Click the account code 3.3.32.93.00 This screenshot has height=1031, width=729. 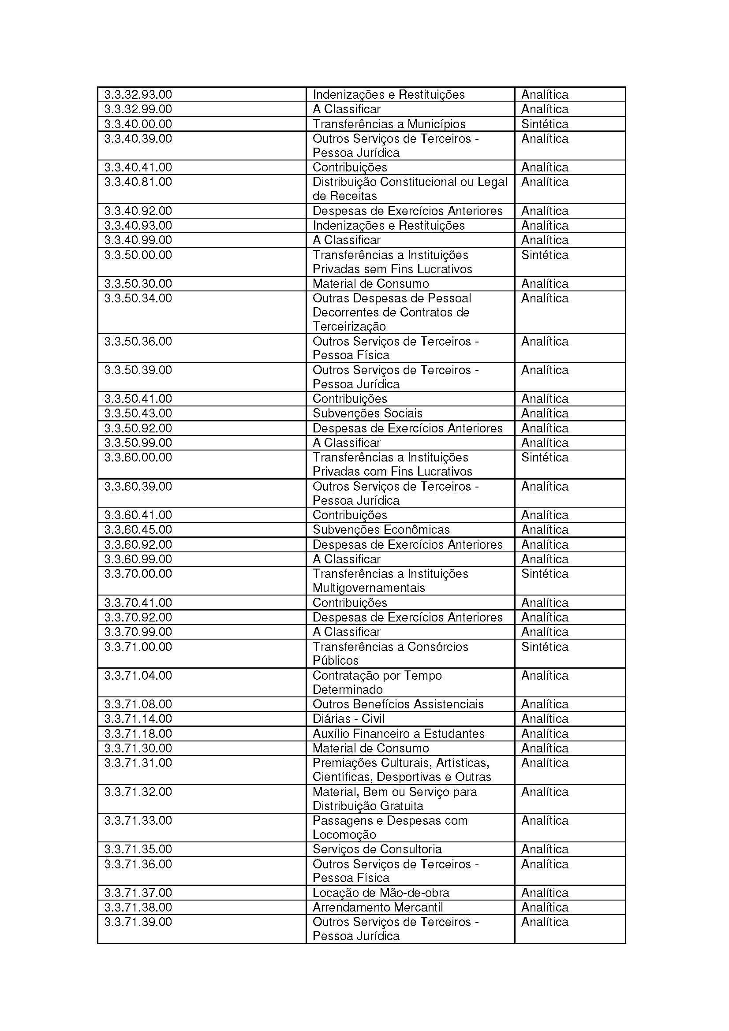point(138,95)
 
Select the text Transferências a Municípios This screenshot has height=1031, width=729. point(389,124)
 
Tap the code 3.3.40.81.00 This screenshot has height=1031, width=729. point(138,182)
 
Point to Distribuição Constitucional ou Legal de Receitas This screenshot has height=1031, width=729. point(410,189)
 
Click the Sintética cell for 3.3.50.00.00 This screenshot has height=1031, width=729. point(544,255)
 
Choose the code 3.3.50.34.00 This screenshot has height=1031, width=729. point(138,298)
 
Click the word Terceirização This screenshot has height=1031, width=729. point(349,327)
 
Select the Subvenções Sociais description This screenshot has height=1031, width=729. point(367,413)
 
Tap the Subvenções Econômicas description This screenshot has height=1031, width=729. point(381,529)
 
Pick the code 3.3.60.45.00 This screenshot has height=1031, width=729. point(138,529)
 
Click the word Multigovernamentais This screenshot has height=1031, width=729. point(368,588)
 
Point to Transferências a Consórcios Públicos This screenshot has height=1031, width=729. point(390,653)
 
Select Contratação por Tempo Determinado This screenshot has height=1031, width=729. point(377,682)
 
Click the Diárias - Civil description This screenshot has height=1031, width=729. point(348,718)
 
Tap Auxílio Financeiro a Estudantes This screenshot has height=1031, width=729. point(398,733)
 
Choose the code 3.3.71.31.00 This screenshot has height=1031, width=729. point(138,763)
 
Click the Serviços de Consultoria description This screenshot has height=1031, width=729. point(377,849)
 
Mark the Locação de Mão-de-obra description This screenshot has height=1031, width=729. point(381,893)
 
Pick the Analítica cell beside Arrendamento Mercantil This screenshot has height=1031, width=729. point(544,907)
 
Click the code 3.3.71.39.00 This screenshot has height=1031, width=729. point(138,922)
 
